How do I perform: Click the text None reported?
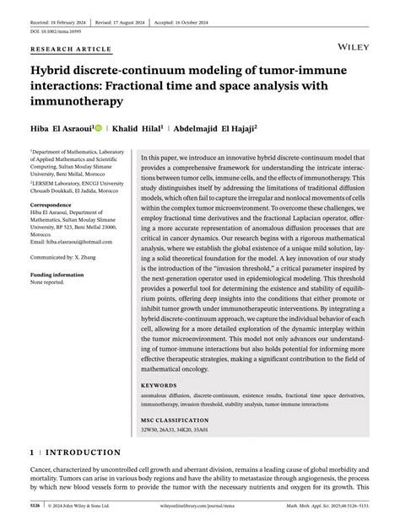tap(47, 282)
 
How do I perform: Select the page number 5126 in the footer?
tap(35, 507)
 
